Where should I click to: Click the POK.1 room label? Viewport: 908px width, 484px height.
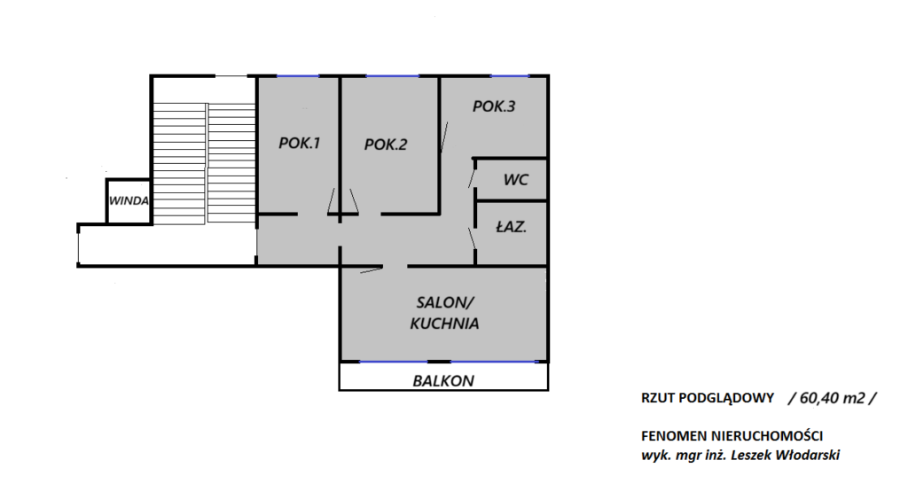(300, 143)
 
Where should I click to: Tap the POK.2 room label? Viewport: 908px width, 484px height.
(386, 144)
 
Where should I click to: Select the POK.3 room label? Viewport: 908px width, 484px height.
(494, 106)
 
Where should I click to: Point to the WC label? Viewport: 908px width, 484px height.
(516, 179)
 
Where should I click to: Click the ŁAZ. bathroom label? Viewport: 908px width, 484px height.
(512, 226)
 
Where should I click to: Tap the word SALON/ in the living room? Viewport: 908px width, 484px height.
(445, 302)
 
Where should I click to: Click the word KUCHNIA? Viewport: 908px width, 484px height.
(445, 323)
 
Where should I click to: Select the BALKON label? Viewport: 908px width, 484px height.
(443, 381)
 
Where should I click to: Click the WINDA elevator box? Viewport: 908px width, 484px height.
(129, 201)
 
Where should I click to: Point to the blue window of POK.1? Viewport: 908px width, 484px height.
(298, 76)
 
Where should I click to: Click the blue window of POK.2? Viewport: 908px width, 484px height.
(393, 76)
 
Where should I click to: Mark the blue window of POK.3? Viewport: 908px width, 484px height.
(510, 76)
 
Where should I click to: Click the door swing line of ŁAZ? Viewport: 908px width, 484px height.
(473, 238)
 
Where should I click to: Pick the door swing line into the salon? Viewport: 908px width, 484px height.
(371, 269)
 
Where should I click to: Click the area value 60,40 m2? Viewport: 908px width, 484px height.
(832, 398)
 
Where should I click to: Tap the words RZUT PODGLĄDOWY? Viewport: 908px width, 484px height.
(708, 398)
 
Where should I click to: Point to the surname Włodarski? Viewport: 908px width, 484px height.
(808, 455)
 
